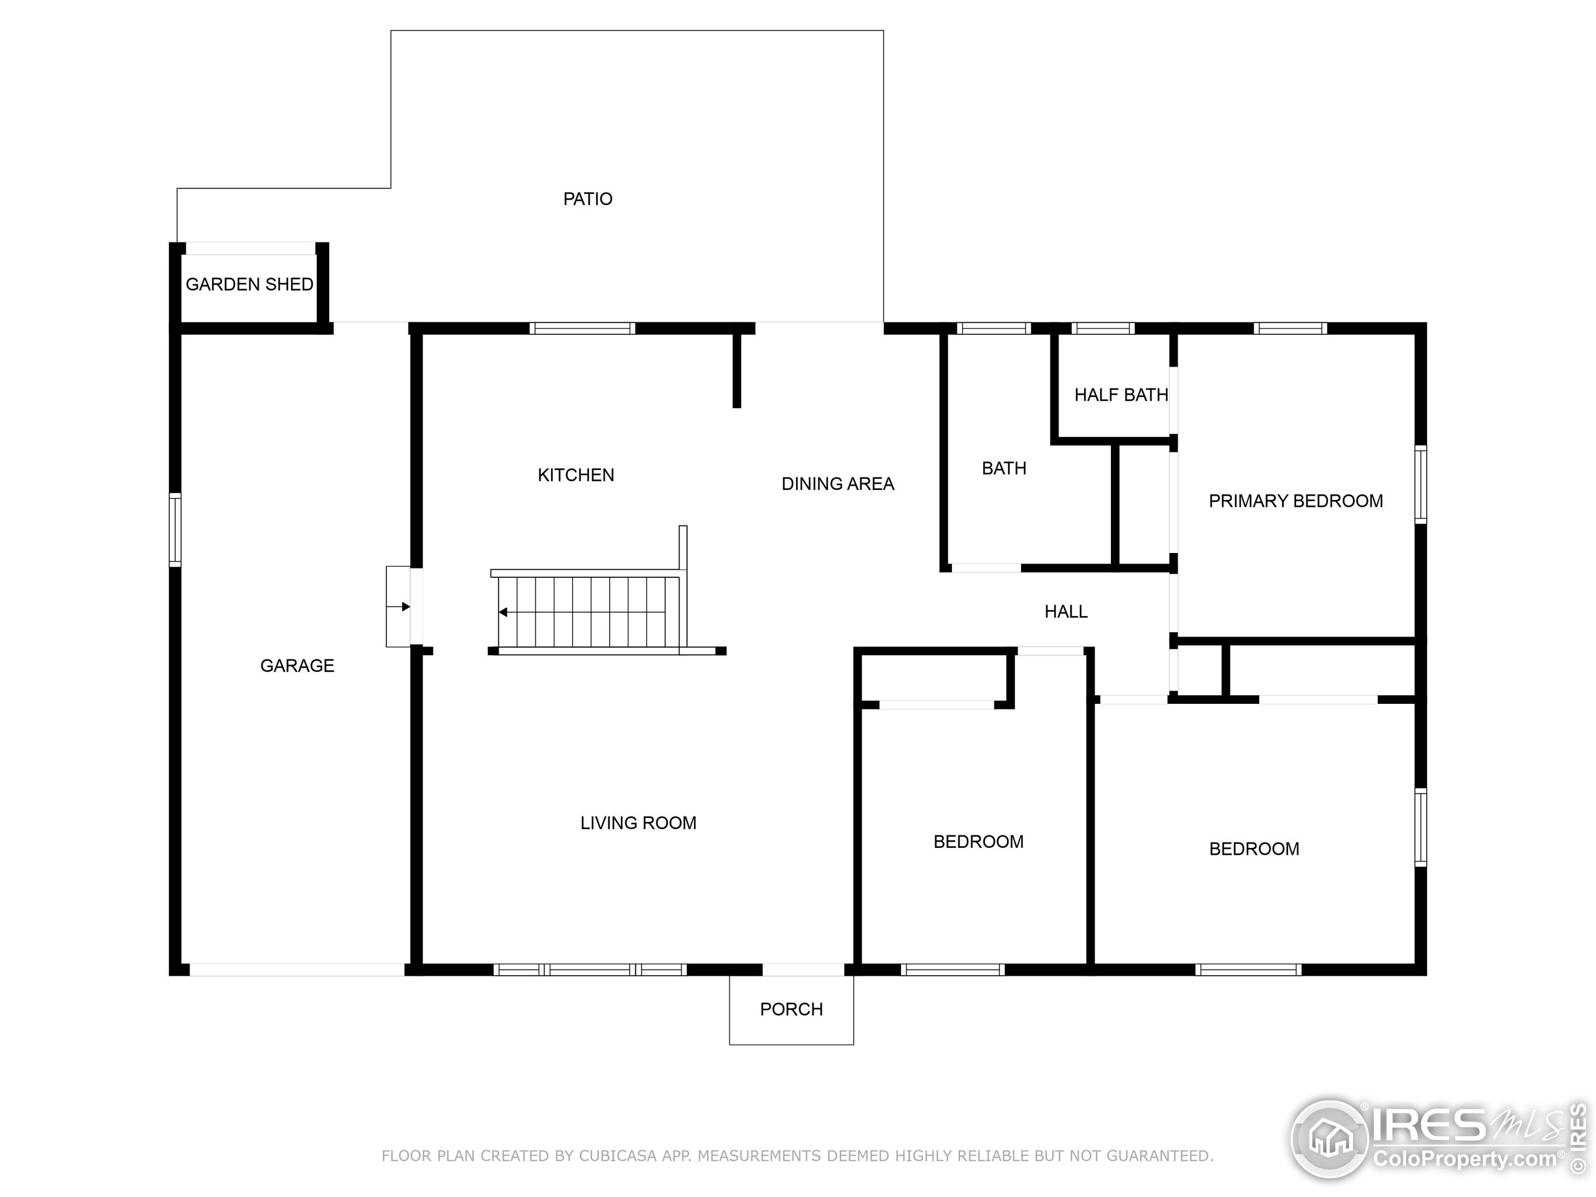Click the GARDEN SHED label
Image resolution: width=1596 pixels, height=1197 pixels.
pos(249,284)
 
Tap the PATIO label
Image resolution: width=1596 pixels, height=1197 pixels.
pos(588,199)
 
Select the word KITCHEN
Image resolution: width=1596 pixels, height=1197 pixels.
pos(576,476)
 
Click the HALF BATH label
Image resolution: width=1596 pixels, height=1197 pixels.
pos(1121,395)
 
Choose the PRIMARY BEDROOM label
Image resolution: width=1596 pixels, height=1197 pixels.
pos(1296,501)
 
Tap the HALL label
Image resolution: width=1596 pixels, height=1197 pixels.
pos(1065,612)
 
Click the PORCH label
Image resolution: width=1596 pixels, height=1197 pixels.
pos(792,1009)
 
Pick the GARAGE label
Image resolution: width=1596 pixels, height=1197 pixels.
pos(297,666)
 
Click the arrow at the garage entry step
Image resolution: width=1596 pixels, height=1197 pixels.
pos(399,607)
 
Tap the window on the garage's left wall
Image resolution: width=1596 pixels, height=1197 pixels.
pos(175,529)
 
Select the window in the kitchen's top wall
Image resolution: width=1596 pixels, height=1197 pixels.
pos(582,329)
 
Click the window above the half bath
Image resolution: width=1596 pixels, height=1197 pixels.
pos(1102,329)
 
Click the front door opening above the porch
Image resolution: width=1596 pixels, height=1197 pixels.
pos(803,969)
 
